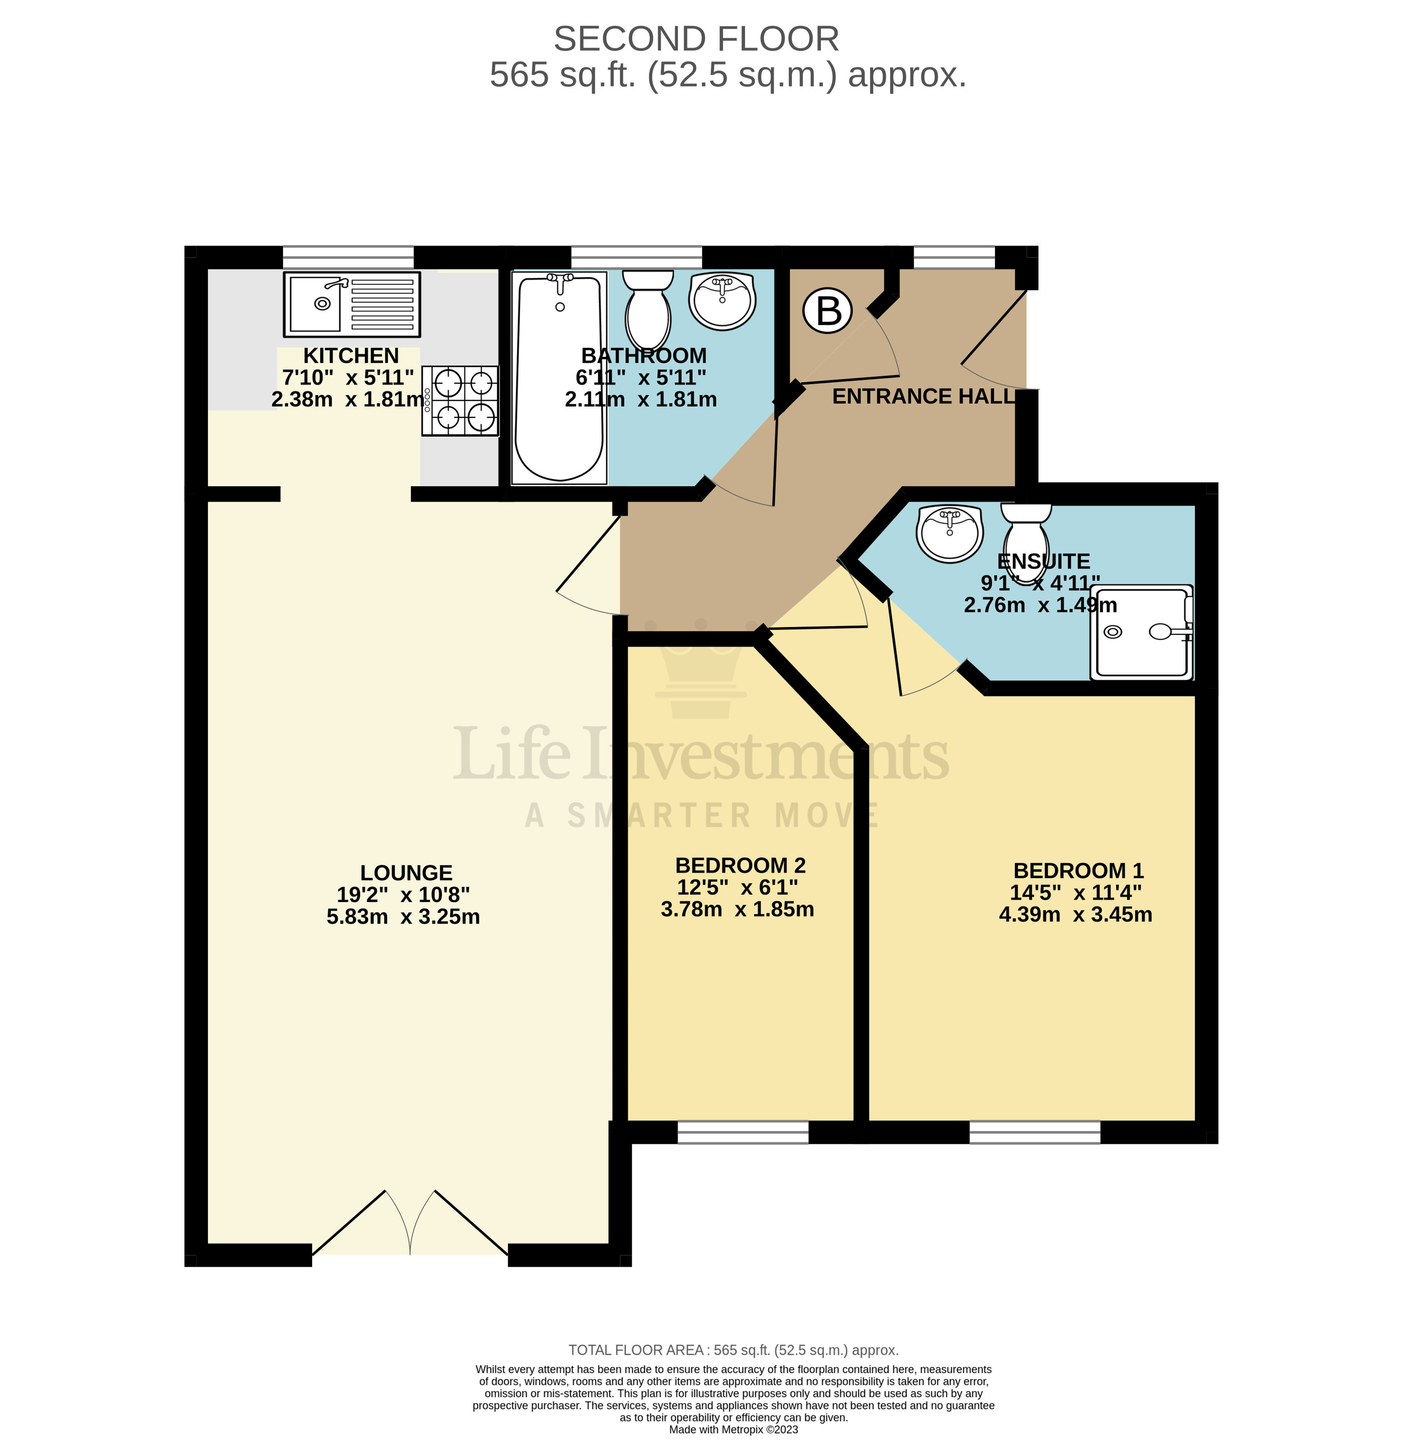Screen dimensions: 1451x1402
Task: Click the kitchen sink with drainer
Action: click(x=351, y=304)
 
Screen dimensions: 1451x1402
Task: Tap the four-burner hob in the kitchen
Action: click(x=460, y=401)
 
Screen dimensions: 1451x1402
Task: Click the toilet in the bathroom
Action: click(x=647, y=310)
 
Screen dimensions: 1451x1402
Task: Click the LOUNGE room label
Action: click(x=406, y=873)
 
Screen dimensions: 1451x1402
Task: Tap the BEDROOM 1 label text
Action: click(x=1077, y=870)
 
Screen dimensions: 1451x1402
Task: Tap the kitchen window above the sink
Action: click(x=348, y=257)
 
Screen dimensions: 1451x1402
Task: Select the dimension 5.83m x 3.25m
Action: click(x=403, y=917)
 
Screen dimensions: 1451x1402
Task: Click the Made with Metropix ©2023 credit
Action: click(x=733, y=1430)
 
